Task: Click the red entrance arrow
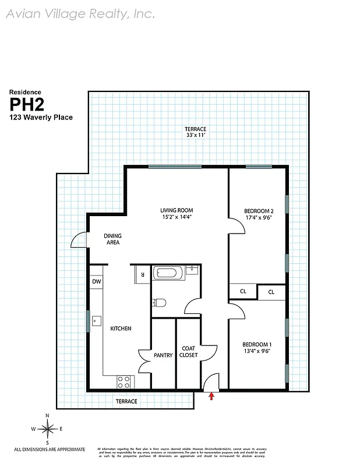click(211, 397)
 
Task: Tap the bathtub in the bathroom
click(170, 272)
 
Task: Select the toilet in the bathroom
click(158, 302)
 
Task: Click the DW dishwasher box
click(96, 283)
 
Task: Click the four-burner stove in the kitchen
click(124, 382)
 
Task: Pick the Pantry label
click(163, 355)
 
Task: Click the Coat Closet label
click(188, 351)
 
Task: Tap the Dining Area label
click(112, 239)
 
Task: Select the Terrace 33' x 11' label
click(195, 132)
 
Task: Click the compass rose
click(47, 429)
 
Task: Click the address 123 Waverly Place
click(40, 118)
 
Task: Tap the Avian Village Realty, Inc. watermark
click(80, 14)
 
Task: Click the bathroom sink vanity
click(192, 270)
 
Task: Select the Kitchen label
click(121, 329)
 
